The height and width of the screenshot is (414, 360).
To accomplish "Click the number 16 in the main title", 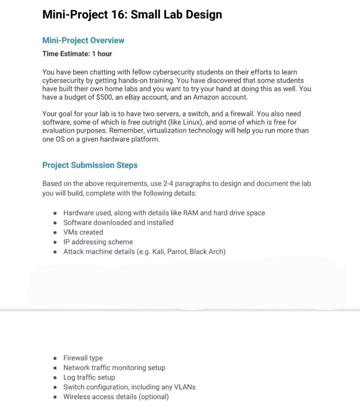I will (x=117, y=15).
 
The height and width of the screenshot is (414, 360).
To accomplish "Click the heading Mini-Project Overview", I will (x=83, y=40).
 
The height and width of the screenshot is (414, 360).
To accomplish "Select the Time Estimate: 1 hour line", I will (x=77, y=54).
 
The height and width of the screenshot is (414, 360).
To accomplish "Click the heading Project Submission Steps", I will (x=90, y=165).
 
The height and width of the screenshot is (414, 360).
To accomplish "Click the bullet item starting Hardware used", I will (x=164, y=213).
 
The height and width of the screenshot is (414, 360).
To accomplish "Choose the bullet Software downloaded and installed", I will (x=118, y=222).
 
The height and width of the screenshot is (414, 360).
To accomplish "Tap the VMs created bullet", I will (x=83, y=232).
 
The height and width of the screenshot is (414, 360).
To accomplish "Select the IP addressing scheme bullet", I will (x=98, y=242).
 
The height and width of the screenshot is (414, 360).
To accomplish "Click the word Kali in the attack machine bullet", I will (x=159, y=251).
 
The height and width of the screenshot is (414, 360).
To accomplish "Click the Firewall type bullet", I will (x=83, y=358).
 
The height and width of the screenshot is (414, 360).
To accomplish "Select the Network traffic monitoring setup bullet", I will (x=114, y=368).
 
